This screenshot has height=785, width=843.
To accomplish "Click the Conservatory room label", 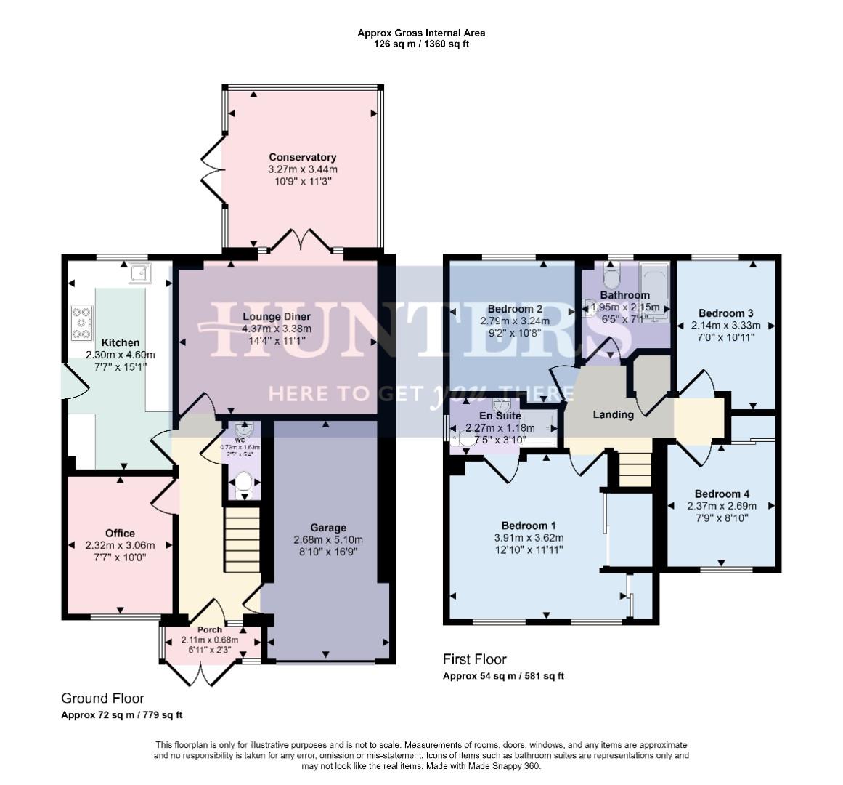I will coord(302,157).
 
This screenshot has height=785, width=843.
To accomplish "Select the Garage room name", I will coord(328,528).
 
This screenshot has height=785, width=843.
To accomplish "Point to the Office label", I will coord(120,533).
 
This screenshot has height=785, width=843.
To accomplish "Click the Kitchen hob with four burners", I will coord(81,323).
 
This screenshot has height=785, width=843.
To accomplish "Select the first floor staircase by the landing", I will coord(635,469).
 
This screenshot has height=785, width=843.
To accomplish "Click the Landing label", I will coord(613,414).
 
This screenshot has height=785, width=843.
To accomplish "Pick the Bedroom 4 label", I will coord(722,494).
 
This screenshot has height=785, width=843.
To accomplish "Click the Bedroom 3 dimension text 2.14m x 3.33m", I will coord(726,326).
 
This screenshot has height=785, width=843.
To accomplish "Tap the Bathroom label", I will coord(624,295).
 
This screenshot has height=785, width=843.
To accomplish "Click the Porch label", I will coord(210,629).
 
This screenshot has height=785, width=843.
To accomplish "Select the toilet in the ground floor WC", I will coord(243,482).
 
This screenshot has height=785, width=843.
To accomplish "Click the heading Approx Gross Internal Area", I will coord(421,33).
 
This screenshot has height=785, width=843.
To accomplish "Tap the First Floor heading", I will coord(475,659).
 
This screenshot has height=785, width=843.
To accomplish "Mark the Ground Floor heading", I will coord(102,699).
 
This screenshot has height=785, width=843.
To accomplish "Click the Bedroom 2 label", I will coord(515,308).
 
